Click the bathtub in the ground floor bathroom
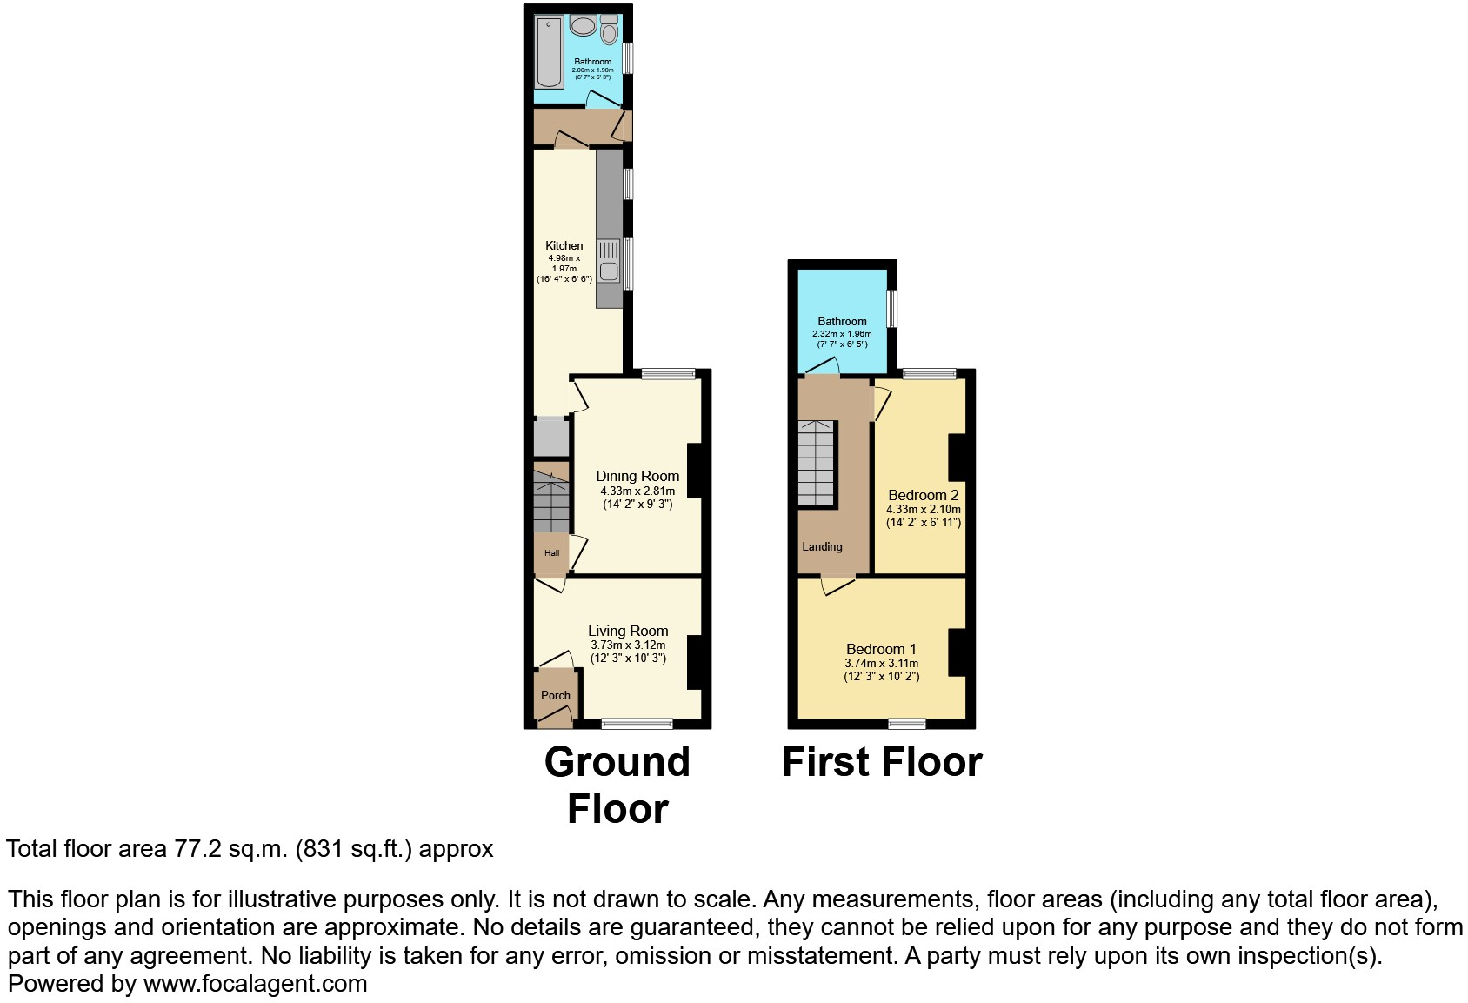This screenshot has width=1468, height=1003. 550,51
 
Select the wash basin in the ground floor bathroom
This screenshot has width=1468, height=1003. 583,25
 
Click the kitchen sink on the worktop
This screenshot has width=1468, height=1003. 609,260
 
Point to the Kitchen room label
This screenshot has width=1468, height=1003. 564,246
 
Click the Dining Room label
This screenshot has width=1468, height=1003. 637,476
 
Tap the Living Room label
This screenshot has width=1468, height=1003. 628,631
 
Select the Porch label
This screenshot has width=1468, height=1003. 556,695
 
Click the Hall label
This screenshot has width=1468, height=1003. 551,553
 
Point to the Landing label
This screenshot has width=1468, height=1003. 822,547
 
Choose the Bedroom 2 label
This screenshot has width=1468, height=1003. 924,495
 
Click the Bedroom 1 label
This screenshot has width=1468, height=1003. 881,649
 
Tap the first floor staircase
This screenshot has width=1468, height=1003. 817,464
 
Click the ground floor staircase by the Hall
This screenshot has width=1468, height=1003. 551,503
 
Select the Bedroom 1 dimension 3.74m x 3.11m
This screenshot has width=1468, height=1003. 881,664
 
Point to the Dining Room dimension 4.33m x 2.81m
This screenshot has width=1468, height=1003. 637,491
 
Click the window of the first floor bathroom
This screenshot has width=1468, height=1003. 891,309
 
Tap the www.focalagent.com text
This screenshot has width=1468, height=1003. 255,984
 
